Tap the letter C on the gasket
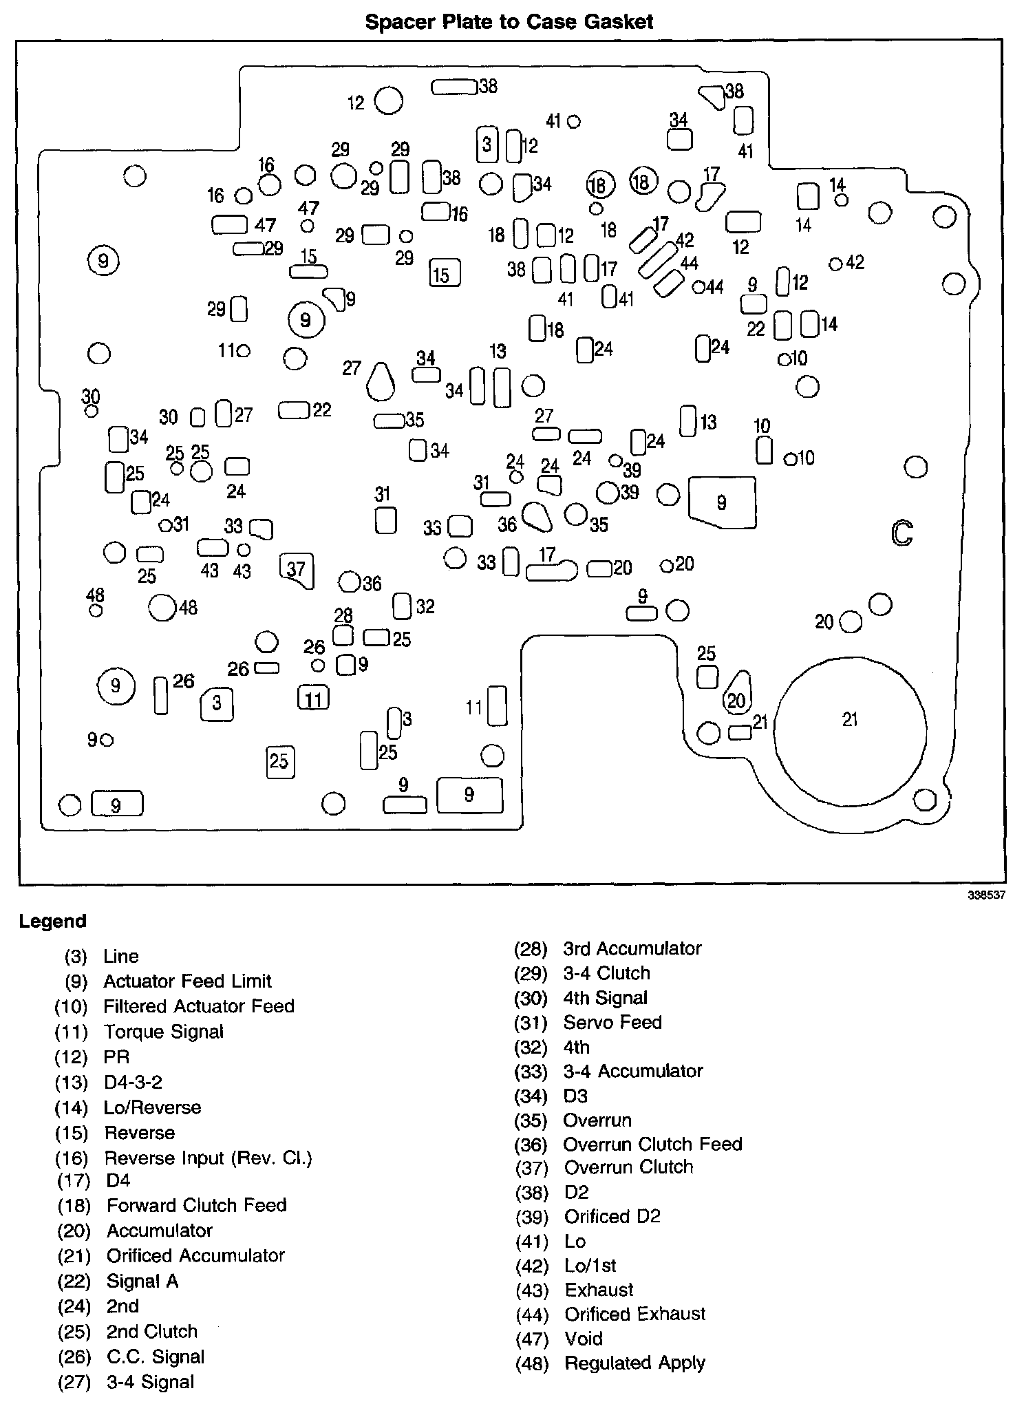point(901,532)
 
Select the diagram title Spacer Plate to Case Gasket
point(509,21)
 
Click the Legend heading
point(53,921)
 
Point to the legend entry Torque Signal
point(163,1031)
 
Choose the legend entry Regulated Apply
point(634,1363)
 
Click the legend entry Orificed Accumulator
point(195,1255)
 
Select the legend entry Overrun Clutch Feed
point(652,1144)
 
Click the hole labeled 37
point(297,570)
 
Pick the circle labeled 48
point(163,607)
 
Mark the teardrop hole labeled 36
point(537,516)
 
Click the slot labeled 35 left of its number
point(389,421)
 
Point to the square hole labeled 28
point(343,635)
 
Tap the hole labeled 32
point(402,606)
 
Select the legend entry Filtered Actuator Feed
point(198,1006)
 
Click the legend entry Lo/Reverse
point(152,1107)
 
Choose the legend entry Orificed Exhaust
point(634,1314)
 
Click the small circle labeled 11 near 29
point(243,351)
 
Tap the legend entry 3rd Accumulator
point(632,948)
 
